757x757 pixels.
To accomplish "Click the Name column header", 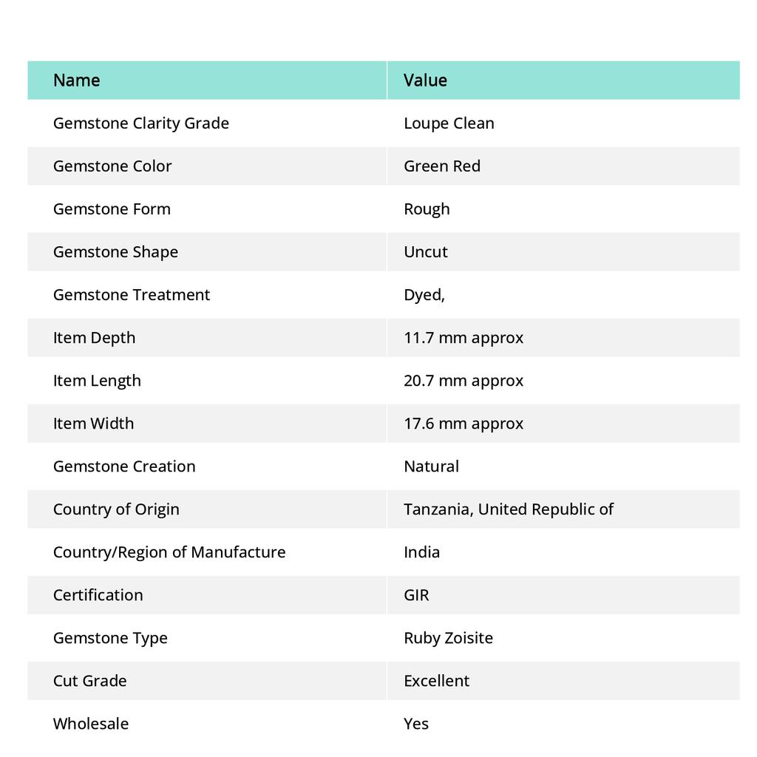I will tap(76, 80).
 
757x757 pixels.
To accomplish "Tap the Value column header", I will tap(425, 80).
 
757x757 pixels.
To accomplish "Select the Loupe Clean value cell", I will tap(449, 123).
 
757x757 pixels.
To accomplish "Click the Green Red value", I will tap(441, 166).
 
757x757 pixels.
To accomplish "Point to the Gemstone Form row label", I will tap(112, 208).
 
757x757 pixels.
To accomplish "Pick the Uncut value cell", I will tap(425, 251).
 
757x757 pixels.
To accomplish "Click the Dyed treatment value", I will tap(424, 294).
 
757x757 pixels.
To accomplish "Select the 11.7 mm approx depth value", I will tap(463, 337).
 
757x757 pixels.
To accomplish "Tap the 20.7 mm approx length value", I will tap(463, 380).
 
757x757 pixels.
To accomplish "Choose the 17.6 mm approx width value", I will tap(463, 423).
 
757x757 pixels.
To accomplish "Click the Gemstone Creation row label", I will tap(124, 466).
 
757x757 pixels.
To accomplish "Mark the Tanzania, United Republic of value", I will tap(508, 509).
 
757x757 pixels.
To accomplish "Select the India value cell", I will tap(421, 551).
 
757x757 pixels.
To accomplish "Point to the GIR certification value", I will tap(416, 594).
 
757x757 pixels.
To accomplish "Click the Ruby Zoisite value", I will tap(448, 637).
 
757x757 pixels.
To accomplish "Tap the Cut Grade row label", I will tap(89, 680).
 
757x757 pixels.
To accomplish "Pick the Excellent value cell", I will tap(436, 680).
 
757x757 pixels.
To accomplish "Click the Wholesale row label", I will tap(90, 723).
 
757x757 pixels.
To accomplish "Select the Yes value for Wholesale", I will tap(415, 723).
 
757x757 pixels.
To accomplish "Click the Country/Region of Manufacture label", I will tap(169, 551).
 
